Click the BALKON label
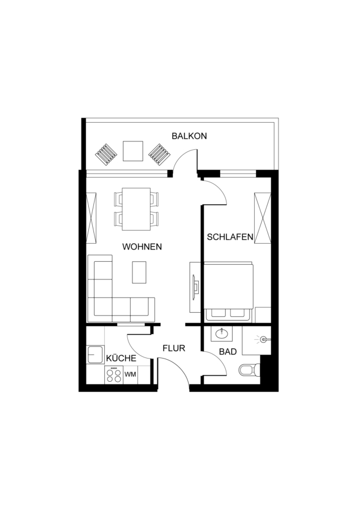point(189,136)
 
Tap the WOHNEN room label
point(142,247)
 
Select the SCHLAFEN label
point(230,237)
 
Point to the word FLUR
point(174,348)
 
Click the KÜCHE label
point(121,358)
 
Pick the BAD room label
point(228,352)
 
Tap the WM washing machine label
point(130,374)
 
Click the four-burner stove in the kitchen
point(114,375)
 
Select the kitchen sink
point(95,355)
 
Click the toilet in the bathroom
point(250,370)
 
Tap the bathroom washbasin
point(221,334)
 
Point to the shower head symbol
point(263,339)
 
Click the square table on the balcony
point(133,151)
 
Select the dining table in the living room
point(136,209)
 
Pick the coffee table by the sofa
point(139,272)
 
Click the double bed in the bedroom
point(229,292)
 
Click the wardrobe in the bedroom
point(263,218)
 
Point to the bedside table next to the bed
point(263,314)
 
